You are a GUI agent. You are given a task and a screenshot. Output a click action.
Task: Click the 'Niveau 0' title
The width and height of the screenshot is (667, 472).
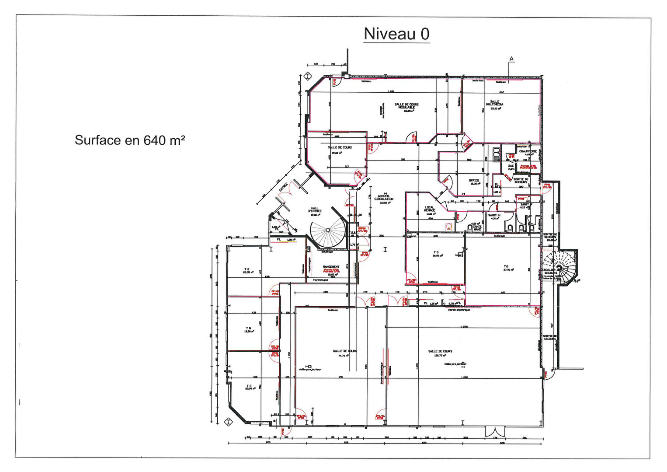point(396,34)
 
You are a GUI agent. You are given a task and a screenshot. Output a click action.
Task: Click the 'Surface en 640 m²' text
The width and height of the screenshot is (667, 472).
point(130,140)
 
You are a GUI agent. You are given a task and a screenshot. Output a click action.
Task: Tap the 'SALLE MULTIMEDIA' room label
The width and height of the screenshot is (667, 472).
point(494,103)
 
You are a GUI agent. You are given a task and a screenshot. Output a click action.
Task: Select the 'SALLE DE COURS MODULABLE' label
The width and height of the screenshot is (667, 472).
point(406,106)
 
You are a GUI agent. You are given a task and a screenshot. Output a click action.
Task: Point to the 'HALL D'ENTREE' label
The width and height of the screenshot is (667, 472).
point(316,210)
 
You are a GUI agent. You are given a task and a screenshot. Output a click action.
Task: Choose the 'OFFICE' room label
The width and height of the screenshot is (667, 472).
point(474,181)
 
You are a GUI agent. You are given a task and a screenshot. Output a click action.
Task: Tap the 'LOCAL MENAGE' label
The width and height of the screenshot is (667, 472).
point(430,209)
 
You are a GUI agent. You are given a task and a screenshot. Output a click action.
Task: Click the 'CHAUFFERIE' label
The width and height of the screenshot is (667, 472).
point(528,151)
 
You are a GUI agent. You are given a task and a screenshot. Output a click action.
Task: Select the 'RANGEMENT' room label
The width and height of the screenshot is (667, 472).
point(331,267)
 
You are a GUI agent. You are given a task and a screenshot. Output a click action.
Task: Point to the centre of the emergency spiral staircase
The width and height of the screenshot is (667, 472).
point(559,266)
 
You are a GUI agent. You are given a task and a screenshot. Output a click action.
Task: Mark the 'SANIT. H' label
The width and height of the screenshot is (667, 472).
point(494,215)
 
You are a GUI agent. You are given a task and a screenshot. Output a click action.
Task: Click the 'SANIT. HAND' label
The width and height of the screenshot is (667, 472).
point(477,228)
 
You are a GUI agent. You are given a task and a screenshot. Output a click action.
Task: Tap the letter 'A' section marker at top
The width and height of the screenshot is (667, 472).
point(511,59)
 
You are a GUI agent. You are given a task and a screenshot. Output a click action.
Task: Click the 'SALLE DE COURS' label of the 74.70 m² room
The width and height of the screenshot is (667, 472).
point(344,351)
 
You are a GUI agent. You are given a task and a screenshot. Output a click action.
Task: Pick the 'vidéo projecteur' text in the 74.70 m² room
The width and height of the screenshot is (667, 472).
point(310,369)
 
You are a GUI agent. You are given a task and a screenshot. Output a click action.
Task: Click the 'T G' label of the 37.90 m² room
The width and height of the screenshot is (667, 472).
point(506,266)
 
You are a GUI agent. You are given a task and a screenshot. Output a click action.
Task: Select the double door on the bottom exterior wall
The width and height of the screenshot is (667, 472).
point(495,431)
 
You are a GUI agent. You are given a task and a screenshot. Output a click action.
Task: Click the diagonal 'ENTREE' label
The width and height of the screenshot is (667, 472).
point(283,187)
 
